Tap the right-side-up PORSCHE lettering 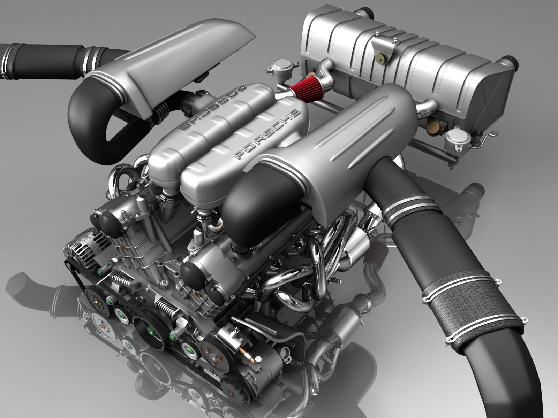pos(266,134)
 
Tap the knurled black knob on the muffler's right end pos(510,63)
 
